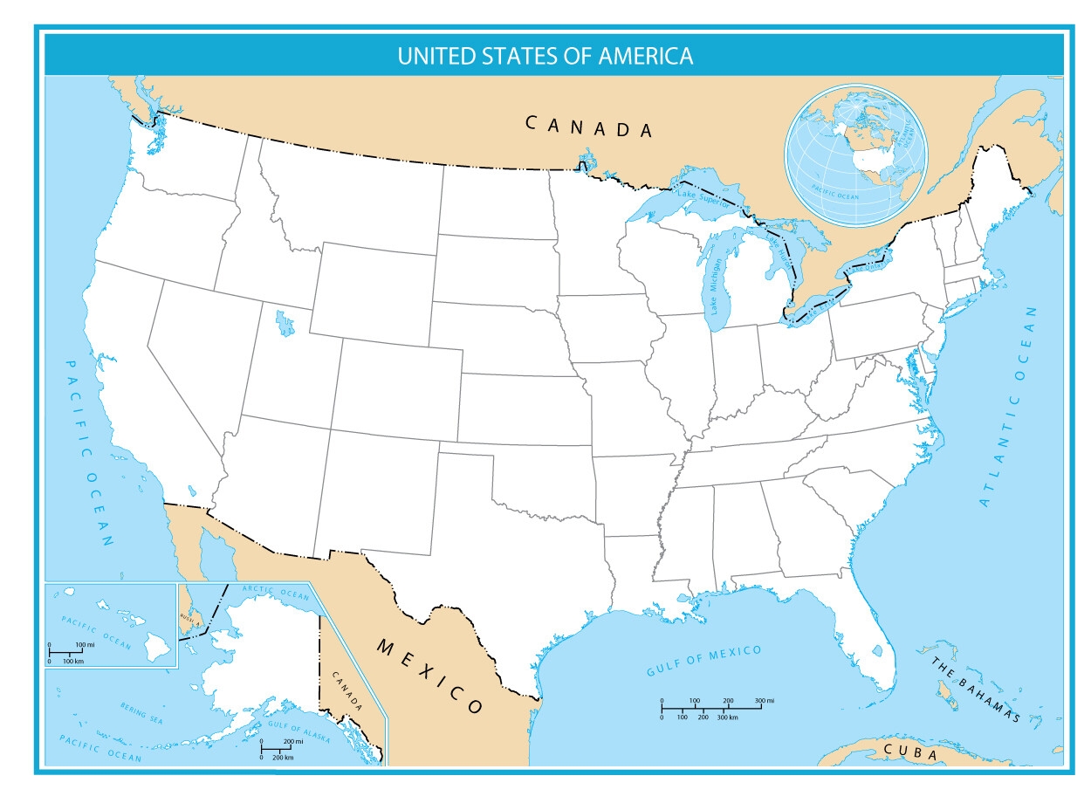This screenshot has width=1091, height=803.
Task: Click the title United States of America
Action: click(545, 56)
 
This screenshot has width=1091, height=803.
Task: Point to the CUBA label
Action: click(909, 752)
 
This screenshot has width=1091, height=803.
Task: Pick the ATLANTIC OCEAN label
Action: click(1009, 407)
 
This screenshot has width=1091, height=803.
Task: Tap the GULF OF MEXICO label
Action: click(703, 660)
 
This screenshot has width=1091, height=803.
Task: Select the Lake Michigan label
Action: click(717, 286)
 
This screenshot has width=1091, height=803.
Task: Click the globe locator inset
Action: click(854, 156)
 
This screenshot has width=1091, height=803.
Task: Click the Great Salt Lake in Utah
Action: click(284, 324)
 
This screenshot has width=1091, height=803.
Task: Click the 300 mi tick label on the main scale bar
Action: click(765, 701)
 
